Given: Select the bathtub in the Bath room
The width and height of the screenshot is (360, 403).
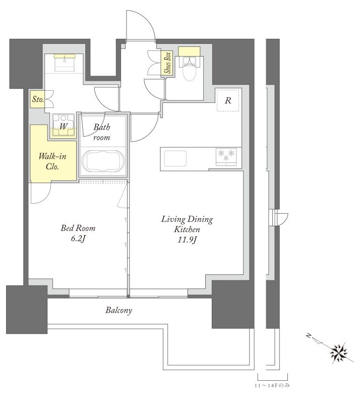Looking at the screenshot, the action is tap(103, 161).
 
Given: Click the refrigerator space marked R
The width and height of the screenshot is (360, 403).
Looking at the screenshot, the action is tap(228, 100).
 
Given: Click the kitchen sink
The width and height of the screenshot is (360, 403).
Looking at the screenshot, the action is tap(175, 159).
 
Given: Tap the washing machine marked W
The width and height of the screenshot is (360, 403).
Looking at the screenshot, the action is tap(64, 125).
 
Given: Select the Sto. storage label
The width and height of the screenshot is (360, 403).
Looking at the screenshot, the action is tap(37, 99).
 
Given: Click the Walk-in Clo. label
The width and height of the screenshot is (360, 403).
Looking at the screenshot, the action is tap(52, 161).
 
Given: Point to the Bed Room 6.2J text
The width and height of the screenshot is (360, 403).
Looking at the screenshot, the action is tap(78, 233).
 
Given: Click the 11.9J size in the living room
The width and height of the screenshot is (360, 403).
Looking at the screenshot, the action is tap(187, 240).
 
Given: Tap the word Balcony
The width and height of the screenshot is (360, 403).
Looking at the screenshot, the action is tap(118, 310).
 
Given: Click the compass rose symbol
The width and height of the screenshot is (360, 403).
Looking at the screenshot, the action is tap(339, 352).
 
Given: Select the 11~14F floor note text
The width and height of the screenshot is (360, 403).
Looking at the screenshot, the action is tap(272, 385).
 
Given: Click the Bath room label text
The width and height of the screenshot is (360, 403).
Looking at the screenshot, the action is tap(102, 132).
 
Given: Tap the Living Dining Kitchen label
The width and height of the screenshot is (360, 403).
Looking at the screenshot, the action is tap(187, 224).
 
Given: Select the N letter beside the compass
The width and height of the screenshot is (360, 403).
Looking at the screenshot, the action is tap(309, 335).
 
